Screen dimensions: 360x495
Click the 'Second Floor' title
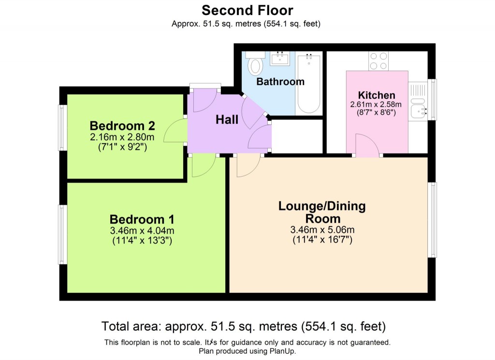click(247, 10)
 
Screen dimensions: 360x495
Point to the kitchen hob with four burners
click(378, 60)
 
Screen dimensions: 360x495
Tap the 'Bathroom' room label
click(280, 82)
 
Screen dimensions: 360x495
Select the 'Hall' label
click(227, 119)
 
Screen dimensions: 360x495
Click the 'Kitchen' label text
click(377, 95)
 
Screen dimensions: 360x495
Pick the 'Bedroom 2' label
click(122, 126)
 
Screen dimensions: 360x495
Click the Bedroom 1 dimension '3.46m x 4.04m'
click(142, 230)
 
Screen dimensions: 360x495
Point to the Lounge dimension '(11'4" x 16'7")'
click(322, 239)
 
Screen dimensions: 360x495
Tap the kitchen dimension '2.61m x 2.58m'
click(377, 105)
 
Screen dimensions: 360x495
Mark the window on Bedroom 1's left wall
click(63, 234)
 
